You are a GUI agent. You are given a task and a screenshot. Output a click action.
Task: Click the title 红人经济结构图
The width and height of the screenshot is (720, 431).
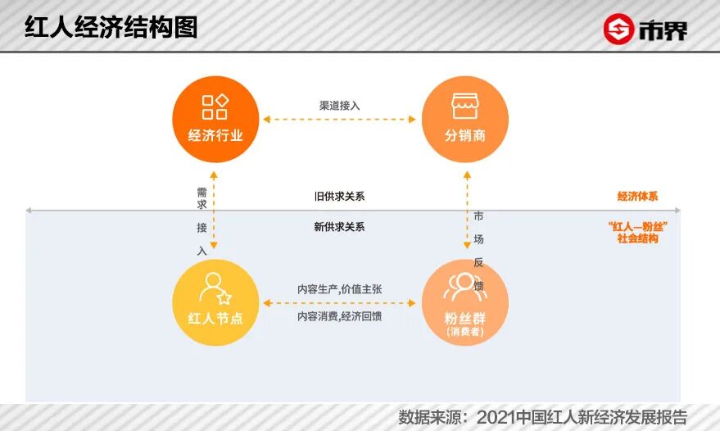(x=111, y=27)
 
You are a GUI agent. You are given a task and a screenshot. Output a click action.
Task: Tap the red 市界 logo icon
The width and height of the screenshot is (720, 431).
(x=619, y=29)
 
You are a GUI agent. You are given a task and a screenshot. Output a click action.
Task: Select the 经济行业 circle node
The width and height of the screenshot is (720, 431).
(x=215, y=119)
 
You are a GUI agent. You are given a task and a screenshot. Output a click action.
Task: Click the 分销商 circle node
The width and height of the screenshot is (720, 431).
(x=464, y=119)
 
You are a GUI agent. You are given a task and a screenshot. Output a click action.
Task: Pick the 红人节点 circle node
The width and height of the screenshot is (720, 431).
(x=215, y=302)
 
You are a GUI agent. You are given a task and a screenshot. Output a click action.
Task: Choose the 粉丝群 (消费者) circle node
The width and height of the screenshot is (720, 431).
(x=464, y=302)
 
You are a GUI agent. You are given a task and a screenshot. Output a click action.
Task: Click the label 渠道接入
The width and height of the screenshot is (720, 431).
(x=339, y=106)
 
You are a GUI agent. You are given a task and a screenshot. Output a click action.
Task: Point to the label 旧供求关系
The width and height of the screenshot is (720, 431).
(x=339, y=197)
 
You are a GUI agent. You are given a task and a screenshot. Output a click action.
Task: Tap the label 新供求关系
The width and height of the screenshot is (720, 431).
(x=339, y=227)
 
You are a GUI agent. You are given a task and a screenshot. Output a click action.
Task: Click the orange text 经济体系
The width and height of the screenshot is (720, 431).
(x=637, y=197)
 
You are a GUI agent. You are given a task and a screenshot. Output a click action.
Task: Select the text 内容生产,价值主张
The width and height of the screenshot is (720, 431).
(x=339, y=289)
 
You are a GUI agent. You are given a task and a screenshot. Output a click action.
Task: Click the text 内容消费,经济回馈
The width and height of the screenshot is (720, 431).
(x=339, y=316)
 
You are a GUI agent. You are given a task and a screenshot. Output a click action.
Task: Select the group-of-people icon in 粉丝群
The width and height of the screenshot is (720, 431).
(x=464, y=287)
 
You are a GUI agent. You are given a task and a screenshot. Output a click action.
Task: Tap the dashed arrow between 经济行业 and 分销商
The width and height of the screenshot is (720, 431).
(x=339, y=120)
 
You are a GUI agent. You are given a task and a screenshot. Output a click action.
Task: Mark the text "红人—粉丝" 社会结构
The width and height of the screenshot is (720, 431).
(x=637, y=232)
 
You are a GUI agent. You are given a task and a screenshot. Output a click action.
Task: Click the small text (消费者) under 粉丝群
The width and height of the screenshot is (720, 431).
(x=464, y=332)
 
